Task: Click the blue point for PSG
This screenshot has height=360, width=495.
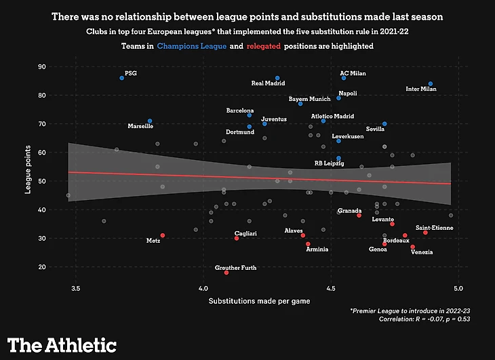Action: (x=121, y=78)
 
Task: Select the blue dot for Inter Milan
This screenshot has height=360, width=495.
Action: (x=431, y=84)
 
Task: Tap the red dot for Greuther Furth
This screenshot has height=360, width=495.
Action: (x=226, y=273)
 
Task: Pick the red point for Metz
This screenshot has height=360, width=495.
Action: (x=163, y=235)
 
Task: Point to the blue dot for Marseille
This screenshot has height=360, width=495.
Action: (x=150, y=121)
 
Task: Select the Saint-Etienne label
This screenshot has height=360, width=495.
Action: (x=434, y=228)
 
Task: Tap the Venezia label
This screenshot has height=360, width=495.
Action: (x=421, y=252)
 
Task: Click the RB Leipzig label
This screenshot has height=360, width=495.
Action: (x=329, y=163)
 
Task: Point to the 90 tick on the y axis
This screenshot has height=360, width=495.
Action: (x=41, y=66)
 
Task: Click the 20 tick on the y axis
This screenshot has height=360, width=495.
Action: (x=41, y=267)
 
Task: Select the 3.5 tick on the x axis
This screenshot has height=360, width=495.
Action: (x=75, y=289)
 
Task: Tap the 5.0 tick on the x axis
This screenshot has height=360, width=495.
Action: (x=458, y=289)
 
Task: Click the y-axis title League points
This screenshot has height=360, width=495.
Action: (x=28, y=167)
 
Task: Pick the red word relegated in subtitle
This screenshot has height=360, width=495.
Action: (x=266, y=46)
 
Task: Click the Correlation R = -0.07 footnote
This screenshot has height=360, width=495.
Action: (x=424, y=318)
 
